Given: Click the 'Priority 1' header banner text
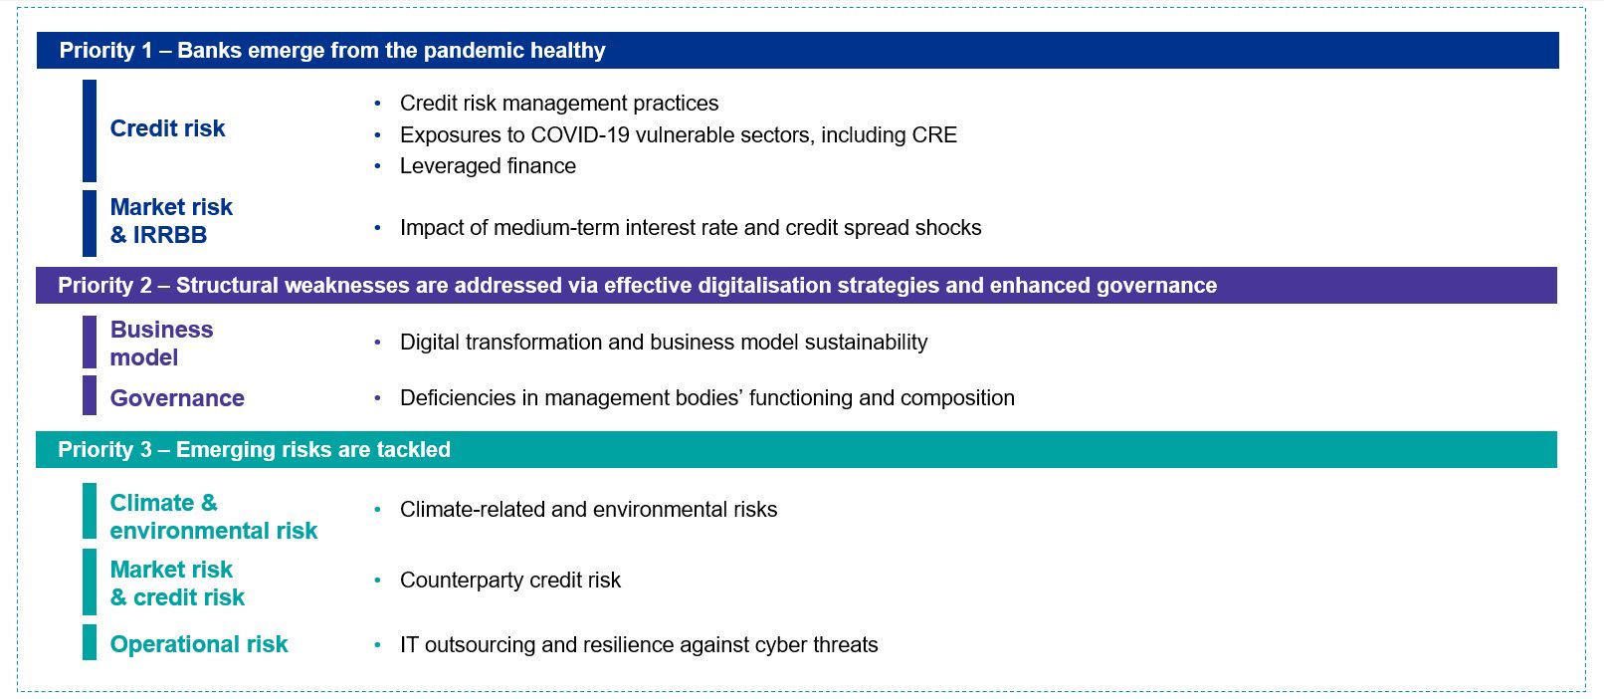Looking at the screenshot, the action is pyautogui.click(x=332, y=50).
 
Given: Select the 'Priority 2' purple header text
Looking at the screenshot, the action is pyautogui.click(x=637, y=286).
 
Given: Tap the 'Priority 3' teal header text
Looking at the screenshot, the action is pyautogui.click(x=254, y=449).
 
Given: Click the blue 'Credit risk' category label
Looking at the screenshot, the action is pyautogui.click(x=167, y=128).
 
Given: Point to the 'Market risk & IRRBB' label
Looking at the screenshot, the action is pyautogui.click(x=171, y=221).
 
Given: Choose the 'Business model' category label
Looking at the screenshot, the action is pyautogui.click(x=162, y=344).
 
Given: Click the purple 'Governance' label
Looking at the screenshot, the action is pyautogui.click(x=177, y=398).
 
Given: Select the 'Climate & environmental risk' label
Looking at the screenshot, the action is pyautogui.click(x=213, y=516).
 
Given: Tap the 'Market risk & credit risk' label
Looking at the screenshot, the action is pyautogui.click(x=177, y=582).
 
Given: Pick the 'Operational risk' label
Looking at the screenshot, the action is pyautogui.click(x=199, y=644).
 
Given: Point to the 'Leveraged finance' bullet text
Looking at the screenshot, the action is pyautogui.click(x=488, y=166).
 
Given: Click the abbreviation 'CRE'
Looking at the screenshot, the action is pyautogui.click(x=934, y=134).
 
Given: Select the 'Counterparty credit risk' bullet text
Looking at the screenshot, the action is pyautogui.click(x=510, y=580).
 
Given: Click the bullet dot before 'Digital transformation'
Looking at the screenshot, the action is pyautogui.click(x=377, y=343).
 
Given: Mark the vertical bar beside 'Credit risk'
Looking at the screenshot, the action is pyautogui.click(x=90, y=130).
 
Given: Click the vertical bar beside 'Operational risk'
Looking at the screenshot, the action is pyautogui.click(x=90, y=642).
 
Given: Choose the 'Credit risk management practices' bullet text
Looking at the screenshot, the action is pyautogui.click(x=559, y=104).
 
